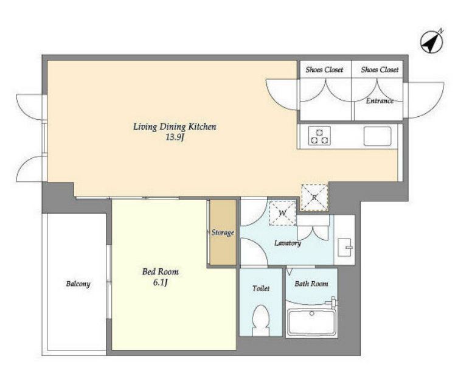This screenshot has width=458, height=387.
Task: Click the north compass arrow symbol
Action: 432,42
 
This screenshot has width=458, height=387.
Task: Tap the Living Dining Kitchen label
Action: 175,127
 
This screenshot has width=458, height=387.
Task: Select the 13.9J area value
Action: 175,138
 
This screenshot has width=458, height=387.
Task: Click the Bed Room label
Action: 161,272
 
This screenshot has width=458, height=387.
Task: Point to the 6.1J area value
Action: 160,283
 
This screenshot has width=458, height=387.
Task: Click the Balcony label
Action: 78,284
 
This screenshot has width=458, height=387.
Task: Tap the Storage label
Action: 223,232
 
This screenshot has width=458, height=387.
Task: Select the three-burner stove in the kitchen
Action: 319,136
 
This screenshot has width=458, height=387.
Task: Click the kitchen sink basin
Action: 377,136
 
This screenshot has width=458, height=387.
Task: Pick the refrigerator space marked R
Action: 314,198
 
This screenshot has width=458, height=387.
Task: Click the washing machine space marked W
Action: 282,213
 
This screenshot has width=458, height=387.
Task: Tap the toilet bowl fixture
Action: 261,320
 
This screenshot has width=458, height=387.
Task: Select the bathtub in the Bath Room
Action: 311,322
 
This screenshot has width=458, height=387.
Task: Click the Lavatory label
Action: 288,243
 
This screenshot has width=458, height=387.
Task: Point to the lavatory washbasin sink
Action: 344,248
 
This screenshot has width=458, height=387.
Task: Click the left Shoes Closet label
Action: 324,69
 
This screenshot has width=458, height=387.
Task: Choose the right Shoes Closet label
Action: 380,69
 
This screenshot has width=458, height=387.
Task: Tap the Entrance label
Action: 380,101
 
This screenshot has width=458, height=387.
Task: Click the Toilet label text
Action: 261,288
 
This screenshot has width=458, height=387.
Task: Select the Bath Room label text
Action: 311,284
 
